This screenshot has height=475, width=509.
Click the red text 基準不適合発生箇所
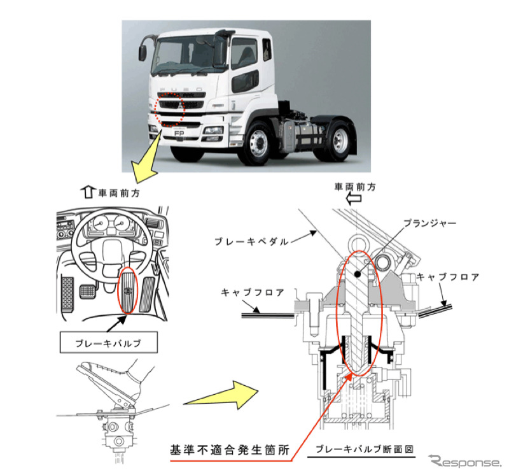(229, 450)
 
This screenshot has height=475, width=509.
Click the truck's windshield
(191, 54)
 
